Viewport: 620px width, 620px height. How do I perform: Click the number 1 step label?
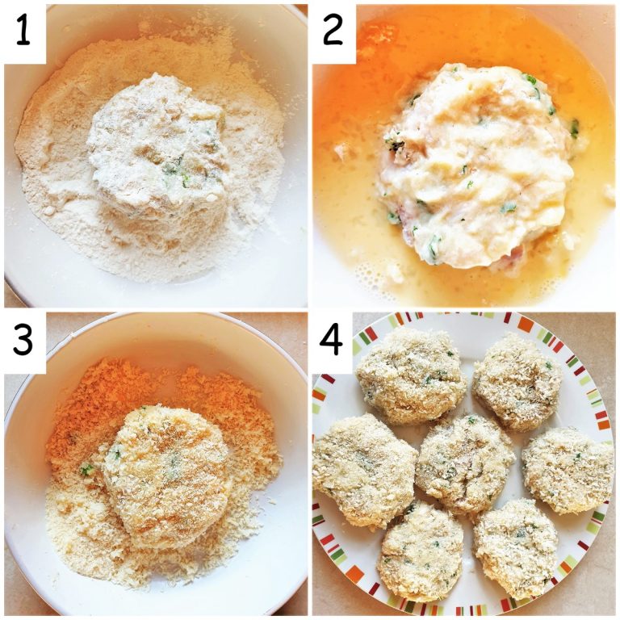click(x=24, y=32)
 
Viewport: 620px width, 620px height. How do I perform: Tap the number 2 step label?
click(x=333, y=32)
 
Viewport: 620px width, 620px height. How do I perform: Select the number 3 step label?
click(x=24, y=341)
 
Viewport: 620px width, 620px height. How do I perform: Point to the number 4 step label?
click(x=333, y=341)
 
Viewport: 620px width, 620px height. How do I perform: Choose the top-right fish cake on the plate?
click(x=517, y=381)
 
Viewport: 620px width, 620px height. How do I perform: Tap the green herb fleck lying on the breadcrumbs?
click(x=85, y=468)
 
